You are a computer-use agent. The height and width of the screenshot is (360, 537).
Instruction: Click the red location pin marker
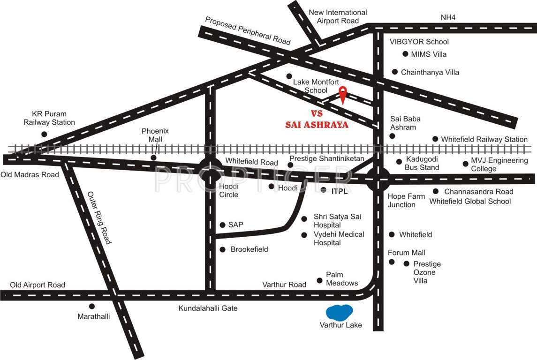(343, 94)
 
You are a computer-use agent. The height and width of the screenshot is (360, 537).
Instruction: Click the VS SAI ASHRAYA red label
(317, 120)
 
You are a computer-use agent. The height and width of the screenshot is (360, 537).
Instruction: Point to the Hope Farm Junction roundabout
(378, 179)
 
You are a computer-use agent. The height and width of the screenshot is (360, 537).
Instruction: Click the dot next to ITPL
(324, 190)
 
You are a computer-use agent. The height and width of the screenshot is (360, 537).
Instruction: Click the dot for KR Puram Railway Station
(44, 134)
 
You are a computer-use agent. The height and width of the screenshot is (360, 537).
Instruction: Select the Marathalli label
(94, 316)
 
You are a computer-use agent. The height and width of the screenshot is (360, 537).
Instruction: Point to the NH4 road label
(448, 18)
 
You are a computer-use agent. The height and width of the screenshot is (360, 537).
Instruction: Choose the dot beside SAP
(222, 225)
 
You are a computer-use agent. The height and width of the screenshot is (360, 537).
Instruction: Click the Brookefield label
(249, 249)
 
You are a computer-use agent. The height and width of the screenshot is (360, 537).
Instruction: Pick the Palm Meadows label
(342, 279)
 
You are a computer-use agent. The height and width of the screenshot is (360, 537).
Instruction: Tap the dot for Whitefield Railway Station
(435, 139)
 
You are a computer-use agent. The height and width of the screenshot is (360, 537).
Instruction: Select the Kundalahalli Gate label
(208, 308)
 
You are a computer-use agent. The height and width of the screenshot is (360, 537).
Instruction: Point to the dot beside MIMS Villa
(405, 54)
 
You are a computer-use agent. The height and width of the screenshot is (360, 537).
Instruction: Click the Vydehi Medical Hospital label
(339, 239)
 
